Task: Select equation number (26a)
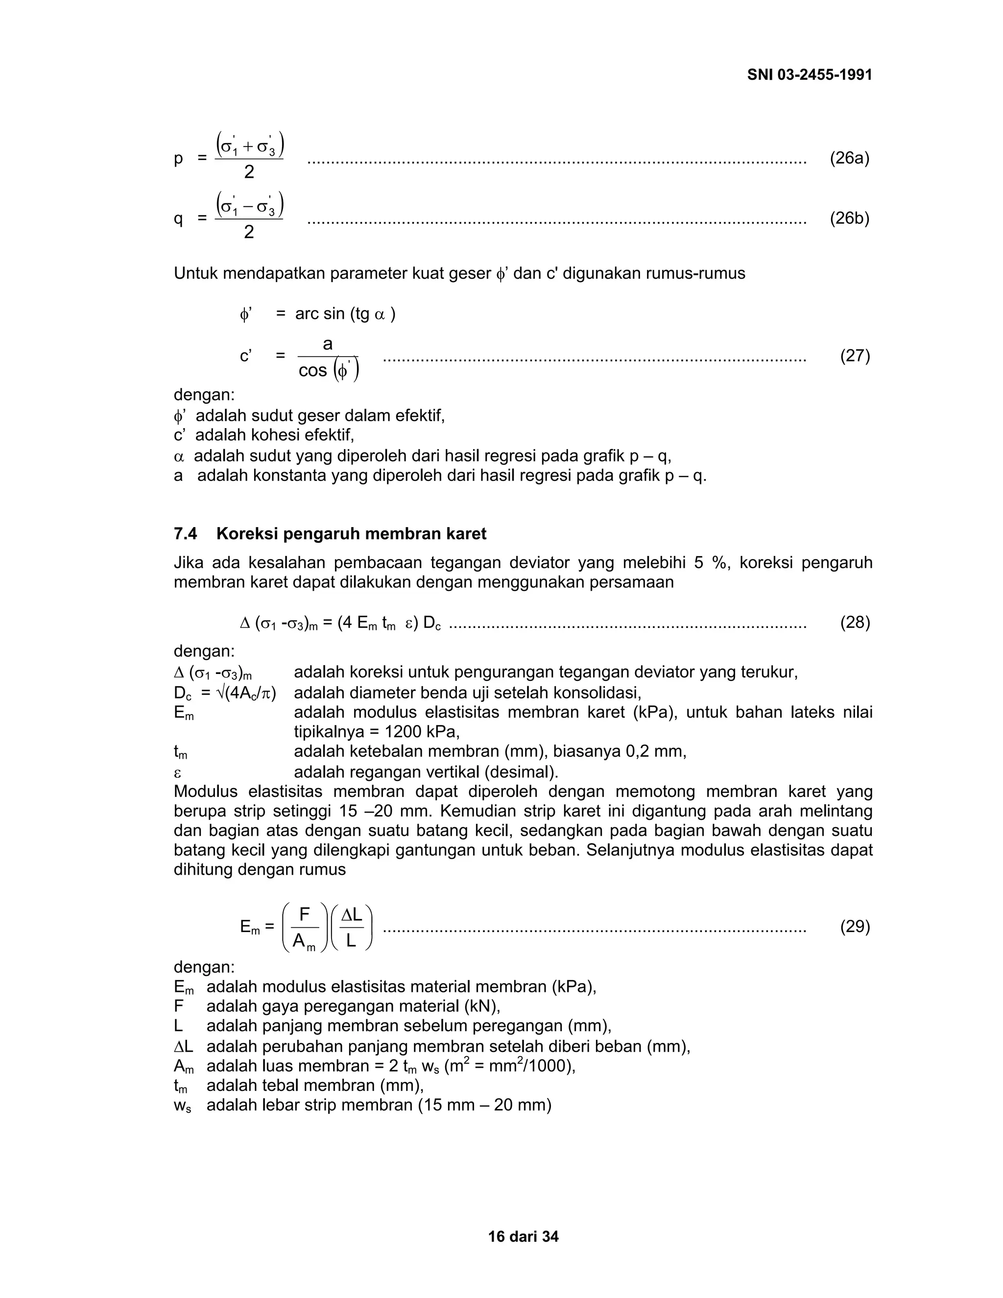tap(849, 158)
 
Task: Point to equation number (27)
tap(855, 356)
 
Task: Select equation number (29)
tap(855, 927)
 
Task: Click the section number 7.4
tap(186, 534)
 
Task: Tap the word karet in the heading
tap(466, 534)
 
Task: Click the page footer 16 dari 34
tap(523, 1237)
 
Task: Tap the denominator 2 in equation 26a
tap(249, 172)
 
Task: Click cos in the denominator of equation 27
tap(312, 371)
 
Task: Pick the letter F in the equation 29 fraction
tap(305, 914)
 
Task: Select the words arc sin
tap(320, 314)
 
